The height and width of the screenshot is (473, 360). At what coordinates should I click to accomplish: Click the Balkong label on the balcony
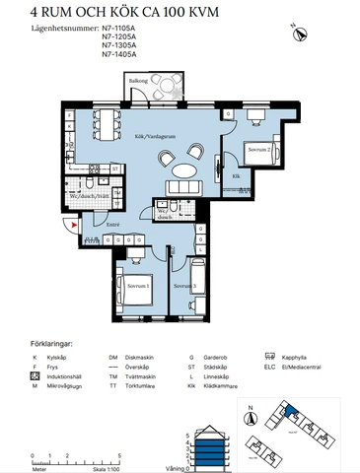[x=139, y=82]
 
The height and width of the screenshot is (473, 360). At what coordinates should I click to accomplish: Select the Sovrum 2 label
[x=258, y=149]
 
